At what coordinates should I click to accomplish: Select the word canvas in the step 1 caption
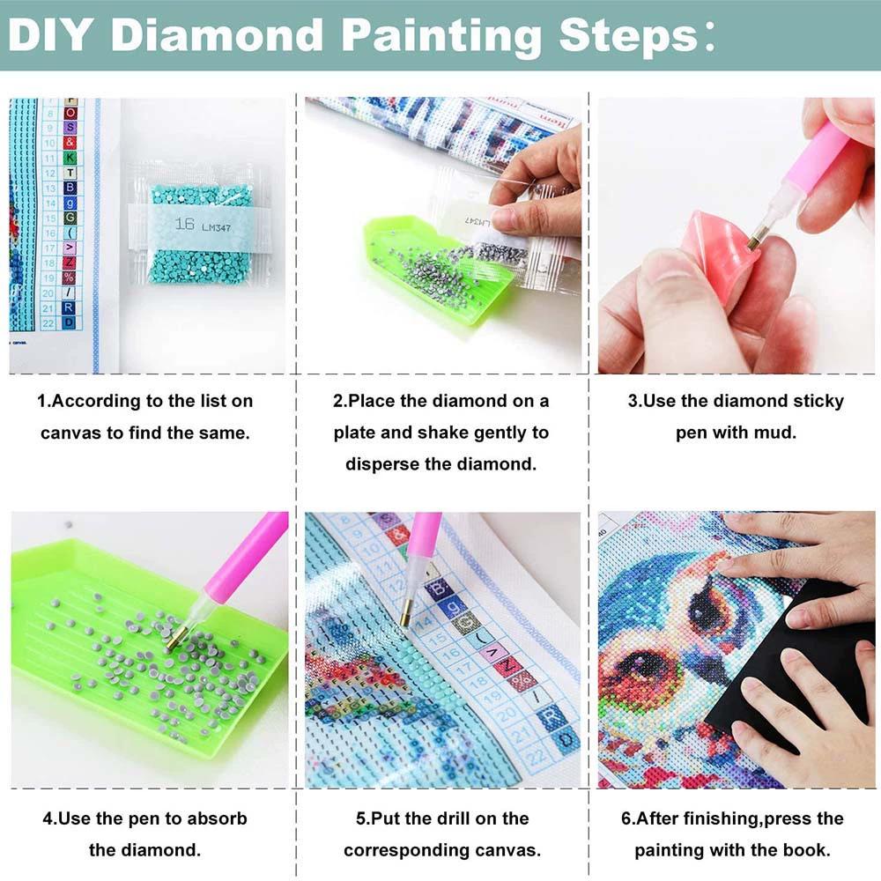click(74, 433)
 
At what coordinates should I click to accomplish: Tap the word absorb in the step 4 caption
click(217, 818)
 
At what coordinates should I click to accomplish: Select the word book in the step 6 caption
click(805, 850)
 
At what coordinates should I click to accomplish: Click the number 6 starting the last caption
click(626, 818)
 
